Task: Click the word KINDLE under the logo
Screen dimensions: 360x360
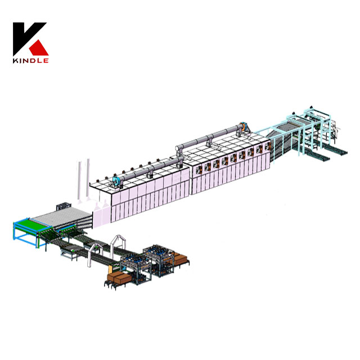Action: coord(31,60)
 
